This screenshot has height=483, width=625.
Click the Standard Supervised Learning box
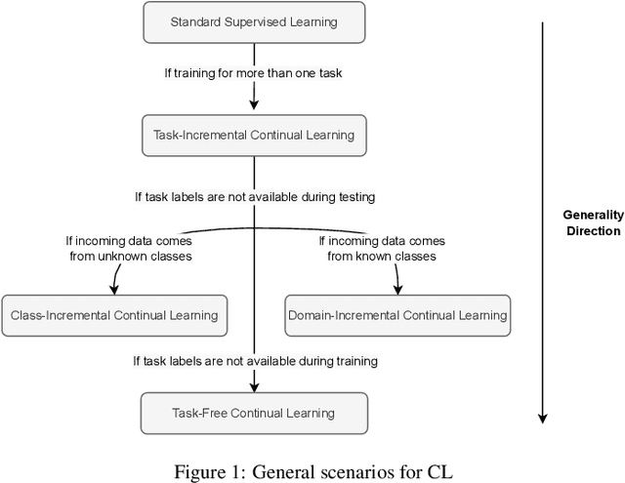point(254,20)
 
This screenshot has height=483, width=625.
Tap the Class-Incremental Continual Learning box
point(114,315)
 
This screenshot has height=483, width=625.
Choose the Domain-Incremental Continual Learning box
point(397,315)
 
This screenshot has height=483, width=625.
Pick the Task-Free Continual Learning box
point(254,413)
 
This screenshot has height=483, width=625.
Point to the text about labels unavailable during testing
point(255,196)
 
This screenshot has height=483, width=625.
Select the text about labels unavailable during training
point(255,361)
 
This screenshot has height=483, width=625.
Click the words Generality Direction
point(591,223)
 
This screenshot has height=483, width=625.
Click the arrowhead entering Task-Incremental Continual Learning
point(254,108)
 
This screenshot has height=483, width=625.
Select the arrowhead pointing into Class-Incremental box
point(115,290)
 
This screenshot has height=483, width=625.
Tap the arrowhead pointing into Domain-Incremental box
point(396,290)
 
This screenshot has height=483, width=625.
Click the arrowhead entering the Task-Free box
point(254,386)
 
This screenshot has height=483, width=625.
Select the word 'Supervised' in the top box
point(256,20)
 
